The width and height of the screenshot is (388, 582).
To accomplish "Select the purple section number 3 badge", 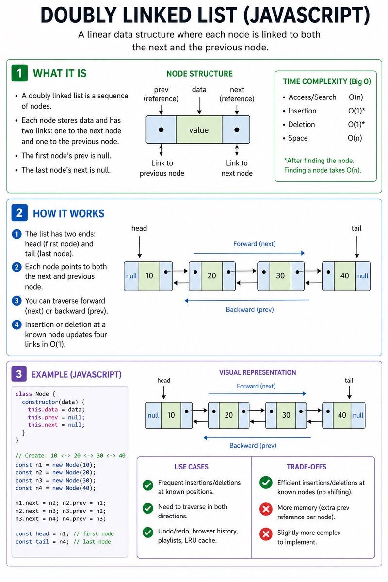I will (x=19, y=374).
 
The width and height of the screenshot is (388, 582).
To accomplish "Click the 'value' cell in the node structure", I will (x=199, y=129).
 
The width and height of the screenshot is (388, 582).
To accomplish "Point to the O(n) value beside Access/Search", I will (x=356, y=97).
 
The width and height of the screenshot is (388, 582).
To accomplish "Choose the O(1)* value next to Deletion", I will (x=356, y=124).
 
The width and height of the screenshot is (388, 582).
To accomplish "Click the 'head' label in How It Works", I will (x=139, y=228).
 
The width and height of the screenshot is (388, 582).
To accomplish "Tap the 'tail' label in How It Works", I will (x=356, y=228).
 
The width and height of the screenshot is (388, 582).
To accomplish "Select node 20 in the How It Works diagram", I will (x=212, y=275).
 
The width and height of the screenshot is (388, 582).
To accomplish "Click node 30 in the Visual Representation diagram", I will (x=286, y=415).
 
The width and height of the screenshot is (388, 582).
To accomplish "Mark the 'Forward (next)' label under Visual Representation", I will (x=256, y=386).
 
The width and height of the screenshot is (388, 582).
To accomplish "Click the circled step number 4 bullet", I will (x=16, y=324).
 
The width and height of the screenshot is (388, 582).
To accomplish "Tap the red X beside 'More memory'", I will (x=265, y=509).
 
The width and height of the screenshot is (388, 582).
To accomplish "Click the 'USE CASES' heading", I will (x=191, y=467).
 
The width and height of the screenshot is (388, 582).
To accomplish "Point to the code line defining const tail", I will (x=64, y=541).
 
